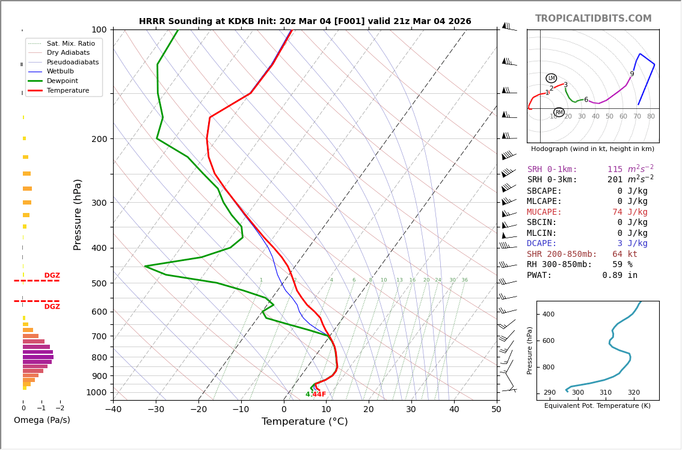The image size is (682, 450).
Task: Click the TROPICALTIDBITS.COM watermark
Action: (x=593, y=19)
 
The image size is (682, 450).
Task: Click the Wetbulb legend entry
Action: (x=60, y=71)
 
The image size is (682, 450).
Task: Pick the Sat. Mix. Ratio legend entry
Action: (x=70, y=43)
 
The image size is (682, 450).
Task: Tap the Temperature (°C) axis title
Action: (x=304, y=422)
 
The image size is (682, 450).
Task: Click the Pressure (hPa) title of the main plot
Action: (x=78, y=214)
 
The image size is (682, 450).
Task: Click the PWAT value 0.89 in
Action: (x=619, y=276)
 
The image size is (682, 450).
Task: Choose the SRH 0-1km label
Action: (x=552, y=170)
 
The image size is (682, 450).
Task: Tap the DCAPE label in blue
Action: (x=542, y=244)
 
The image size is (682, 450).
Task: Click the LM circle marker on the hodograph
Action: (x=551, y=78)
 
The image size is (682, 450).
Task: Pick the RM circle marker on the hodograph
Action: (x=559, y=112)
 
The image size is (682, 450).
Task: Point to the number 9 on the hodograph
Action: (x=631, y=74)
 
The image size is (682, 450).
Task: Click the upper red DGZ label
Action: (x=52, y=276)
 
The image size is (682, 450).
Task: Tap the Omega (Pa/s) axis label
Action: (x=41, y=421)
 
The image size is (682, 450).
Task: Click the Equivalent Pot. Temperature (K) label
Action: (x=597, y=405)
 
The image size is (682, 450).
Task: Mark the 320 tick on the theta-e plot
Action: (x=633, y=393)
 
